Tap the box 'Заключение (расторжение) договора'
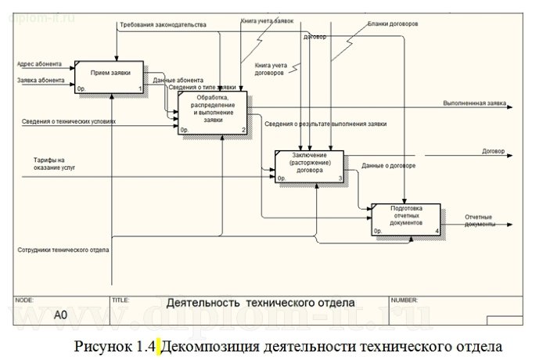pyautogui.click(x=310, y=165)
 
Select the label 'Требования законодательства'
pyautogui.click(x=163, y=25)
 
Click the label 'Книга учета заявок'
pyautogui.click(x=268, y=21)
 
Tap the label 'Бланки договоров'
pyautogui.click(x=394, y=23)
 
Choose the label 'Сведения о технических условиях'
pyautogui.click(x=69, y=121)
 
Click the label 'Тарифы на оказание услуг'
pyautogui.click(x=49, y=164)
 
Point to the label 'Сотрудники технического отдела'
pyautogui.click(x=63, y=250)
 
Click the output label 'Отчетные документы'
pyautogui.click(x=480, y=220)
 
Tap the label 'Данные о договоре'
pyautogui.click(x=389, y=165)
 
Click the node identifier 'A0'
pyautogui.click(x=61, y=316)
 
